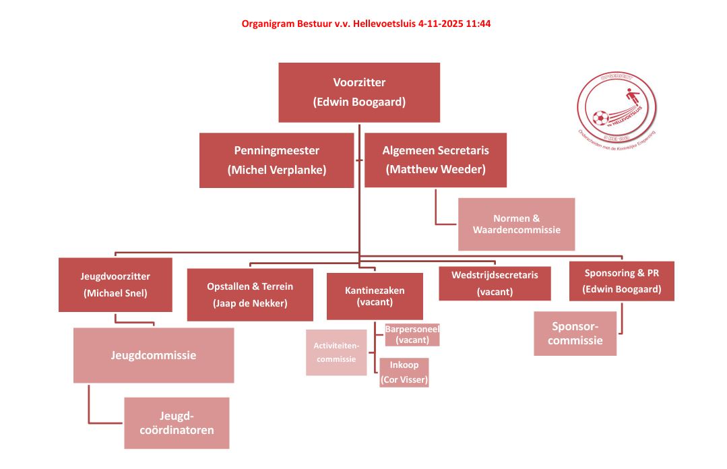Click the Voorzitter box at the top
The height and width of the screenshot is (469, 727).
pyautogui.click(x=359, y=92)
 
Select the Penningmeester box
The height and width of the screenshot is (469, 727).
pyautogui.click(x=276, y=160)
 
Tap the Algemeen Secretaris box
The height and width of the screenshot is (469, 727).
pyautogui.click(x=435, y=160)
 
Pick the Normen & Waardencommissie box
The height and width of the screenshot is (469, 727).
pyautogui.click(x=517, y=224)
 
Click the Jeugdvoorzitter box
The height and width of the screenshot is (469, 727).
pyautogui.click(x=115, y=284)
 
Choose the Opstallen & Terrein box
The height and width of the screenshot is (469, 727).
pyautogui.click(x=250, y=294)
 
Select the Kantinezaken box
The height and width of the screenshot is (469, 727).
pyautogui.click(x=375, y=296)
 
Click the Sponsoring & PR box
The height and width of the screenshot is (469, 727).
pyautogui.click(x=621, y=281)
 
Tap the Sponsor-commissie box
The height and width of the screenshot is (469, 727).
pyautogui.click(x=575, y=333)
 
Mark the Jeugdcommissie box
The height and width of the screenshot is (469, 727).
pyautogui.click(x=154, y=355)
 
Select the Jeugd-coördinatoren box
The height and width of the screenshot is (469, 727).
pyautogui.click(x=177, y=423)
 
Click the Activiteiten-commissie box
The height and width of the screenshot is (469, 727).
pyautogui.click(x=336, y=352)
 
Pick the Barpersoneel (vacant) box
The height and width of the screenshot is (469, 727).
pyautogui.click(x=412, y=335)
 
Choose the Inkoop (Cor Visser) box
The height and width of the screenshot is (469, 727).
pyautogui.click(x=404, y=373)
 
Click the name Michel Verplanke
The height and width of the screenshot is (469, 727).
pyautogui.click(x=276, y=170)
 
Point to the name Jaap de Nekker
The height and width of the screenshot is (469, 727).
pyautogui.click(x=250, y=303)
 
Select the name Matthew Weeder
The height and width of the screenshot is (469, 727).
pyautogui.click(x=435, y=169)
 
